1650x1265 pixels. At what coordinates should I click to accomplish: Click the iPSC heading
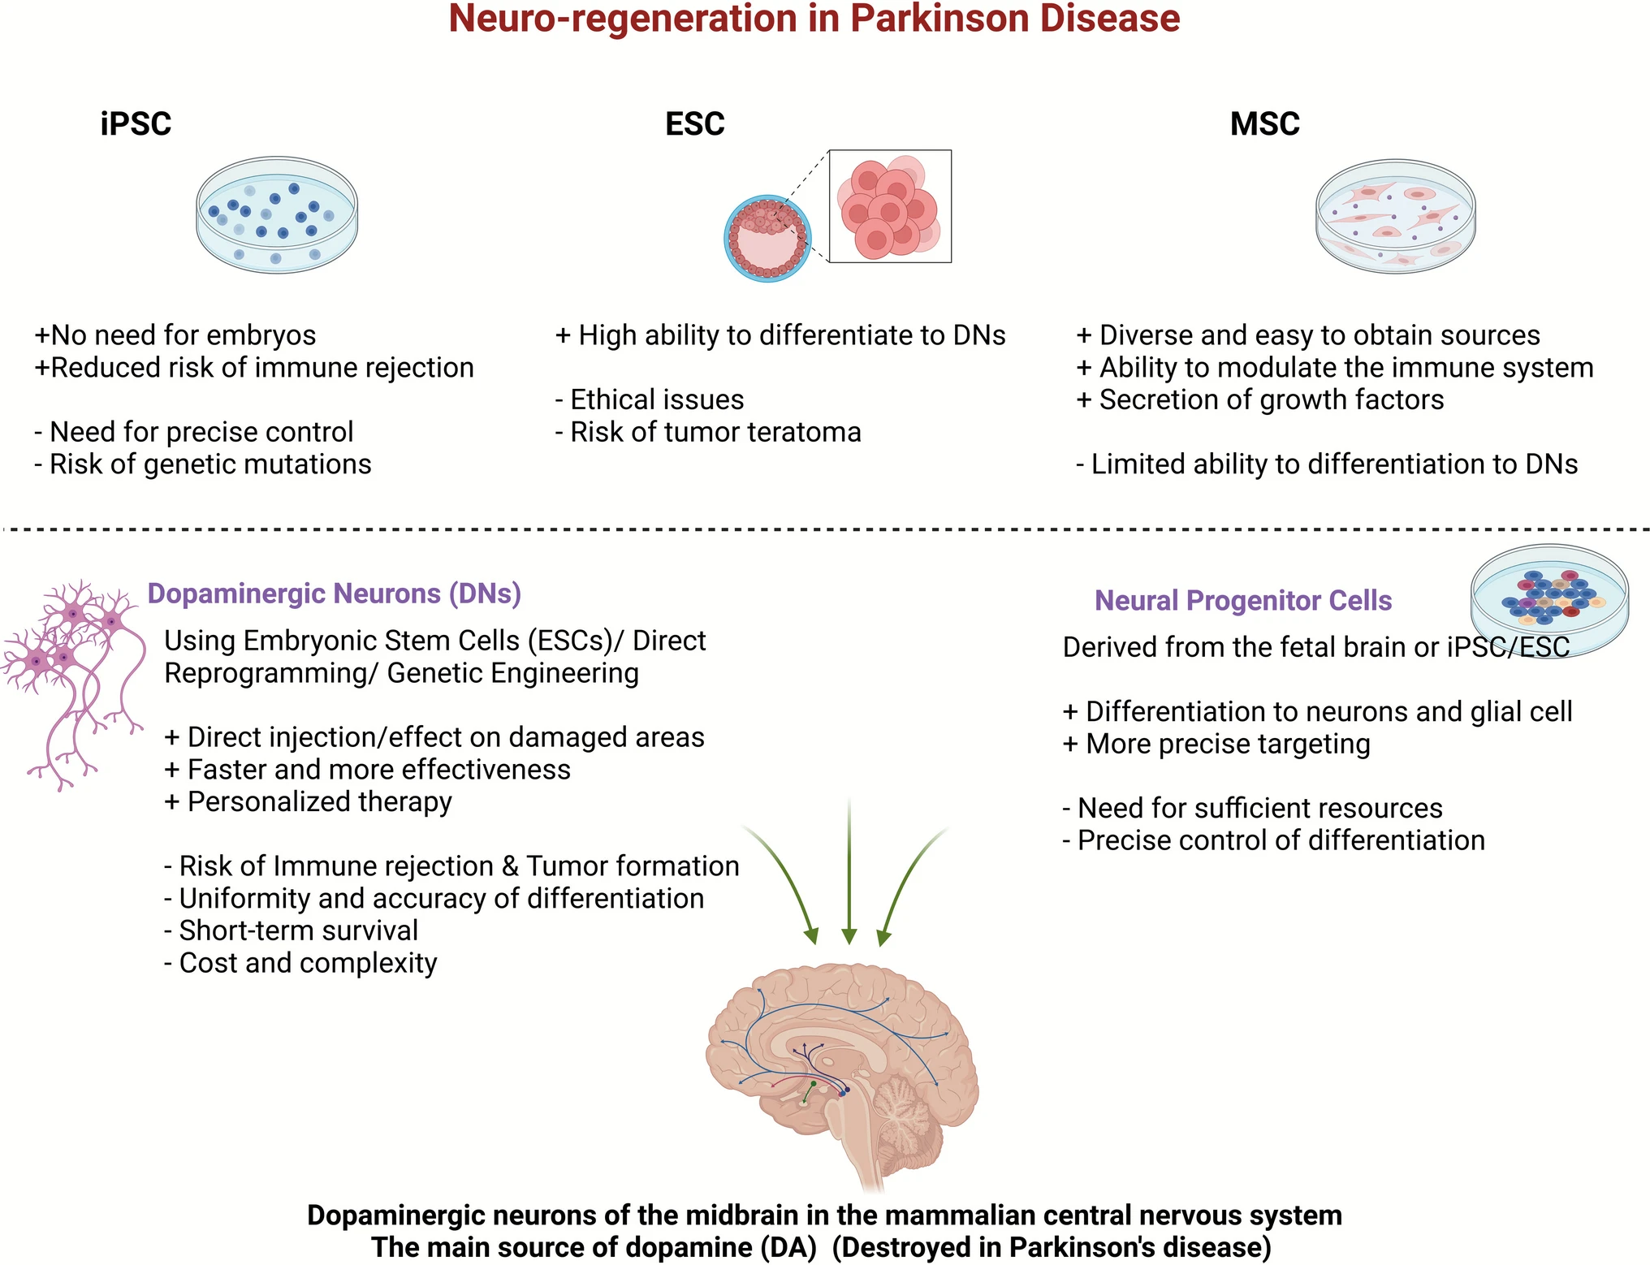(136, 124)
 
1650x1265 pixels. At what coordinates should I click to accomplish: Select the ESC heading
(694, 124)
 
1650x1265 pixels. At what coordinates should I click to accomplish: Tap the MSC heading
(1264, 124)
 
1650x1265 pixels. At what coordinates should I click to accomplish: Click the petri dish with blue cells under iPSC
(277, 215)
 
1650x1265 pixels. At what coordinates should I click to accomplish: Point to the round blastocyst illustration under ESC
(767, 239)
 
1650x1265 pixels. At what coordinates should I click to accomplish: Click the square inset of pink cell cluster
(890, 206)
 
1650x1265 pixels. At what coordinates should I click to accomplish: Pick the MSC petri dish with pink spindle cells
(1395, 216)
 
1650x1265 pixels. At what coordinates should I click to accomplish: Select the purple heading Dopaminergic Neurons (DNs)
(334, 594)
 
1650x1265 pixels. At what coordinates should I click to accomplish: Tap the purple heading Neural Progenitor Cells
(1242, 601)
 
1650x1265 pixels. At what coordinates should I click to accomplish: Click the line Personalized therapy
(309, 802)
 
